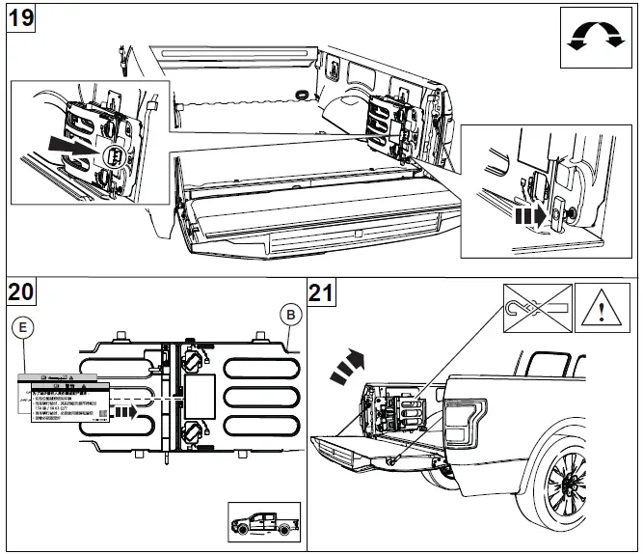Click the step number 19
click(20, 17)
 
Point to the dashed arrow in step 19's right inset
click(526, 217)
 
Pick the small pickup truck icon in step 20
click(261, 524)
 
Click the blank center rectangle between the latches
click(202, 395)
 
